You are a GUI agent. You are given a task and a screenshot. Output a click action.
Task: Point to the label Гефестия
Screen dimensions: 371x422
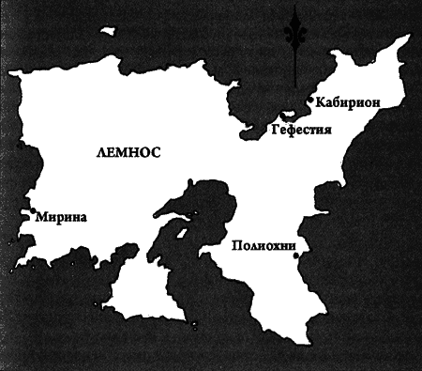(x=302, y=129)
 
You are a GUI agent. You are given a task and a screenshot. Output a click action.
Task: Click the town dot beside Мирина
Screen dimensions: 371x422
(x=32, y=211)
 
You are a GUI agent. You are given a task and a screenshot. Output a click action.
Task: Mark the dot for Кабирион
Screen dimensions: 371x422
(x=311, y=101)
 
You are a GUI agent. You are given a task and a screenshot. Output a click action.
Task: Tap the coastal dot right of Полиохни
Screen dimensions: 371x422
(x=294, y=256)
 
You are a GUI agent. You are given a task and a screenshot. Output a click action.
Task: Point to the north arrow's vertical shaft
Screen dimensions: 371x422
(x=296, y=66)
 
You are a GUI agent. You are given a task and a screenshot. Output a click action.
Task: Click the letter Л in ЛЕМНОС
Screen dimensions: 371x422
(x=98, y=150)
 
